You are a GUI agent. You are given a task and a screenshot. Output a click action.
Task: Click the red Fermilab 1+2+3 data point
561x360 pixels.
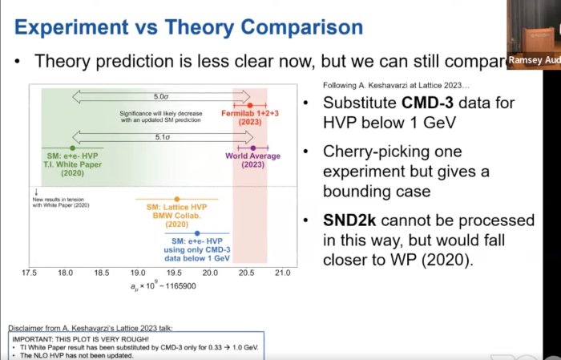point(251,105)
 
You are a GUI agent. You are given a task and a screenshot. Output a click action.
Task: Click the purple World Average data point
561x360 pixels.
point(253,148)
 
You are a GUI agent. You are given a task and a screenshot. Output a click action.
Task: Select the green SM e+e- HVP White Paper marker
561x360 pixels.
point(73,148)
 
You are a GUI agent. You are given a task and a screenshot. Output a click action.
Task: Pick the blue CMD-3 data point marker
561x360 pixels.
point(197,233)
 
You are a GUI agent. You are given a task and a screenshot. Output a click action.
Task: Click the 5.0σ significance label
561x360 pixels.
point(160,95)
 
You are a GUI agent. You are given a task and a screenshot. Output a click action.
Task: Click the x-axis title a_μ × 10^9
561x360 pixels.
point(156,286)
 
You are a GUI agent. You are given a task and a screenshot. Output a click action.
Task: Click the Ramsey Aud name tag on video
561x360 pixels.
point(533,60)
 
